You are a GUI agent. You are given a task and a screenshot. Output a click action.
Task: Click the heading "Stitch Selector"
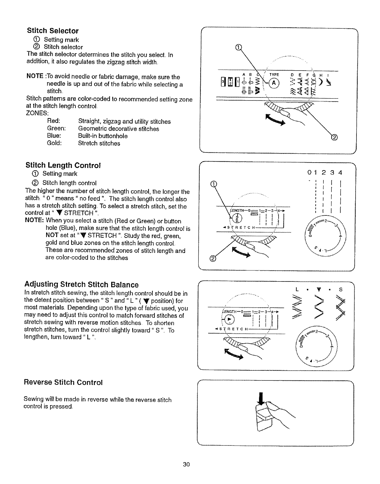(53, 31)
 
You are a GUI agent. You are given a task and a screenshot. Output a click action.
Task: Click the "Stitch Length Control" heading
(63, 165)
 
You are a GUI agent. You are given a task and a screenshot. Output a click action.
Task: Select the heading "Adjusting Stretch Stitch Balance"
(82, 284)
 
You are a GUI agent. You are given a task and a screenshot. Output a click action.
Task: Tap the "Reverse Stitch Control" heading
(63, 382)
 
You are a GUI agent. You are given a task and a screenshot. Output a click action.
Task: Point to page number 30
(186, 464)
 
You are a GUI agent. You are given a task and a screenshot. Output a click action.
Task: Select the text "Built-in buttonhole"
(103, 136)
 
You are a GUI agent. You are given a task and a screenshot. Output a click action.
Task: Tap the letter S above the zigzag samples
(341, 289)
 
